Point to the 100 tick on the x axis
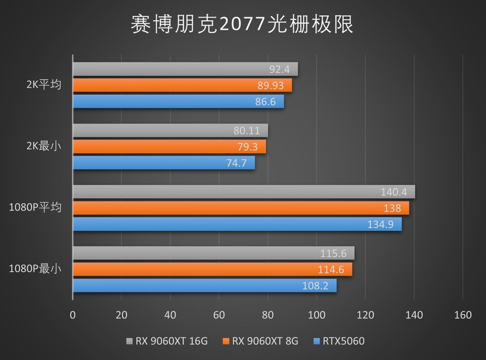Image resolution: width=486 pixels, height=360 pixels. point(316,315)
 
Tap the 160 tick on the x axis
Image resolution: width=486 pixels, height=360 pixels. point(462,315)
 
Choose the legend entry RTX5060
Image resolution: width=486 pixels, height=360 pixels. point(344,341)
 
